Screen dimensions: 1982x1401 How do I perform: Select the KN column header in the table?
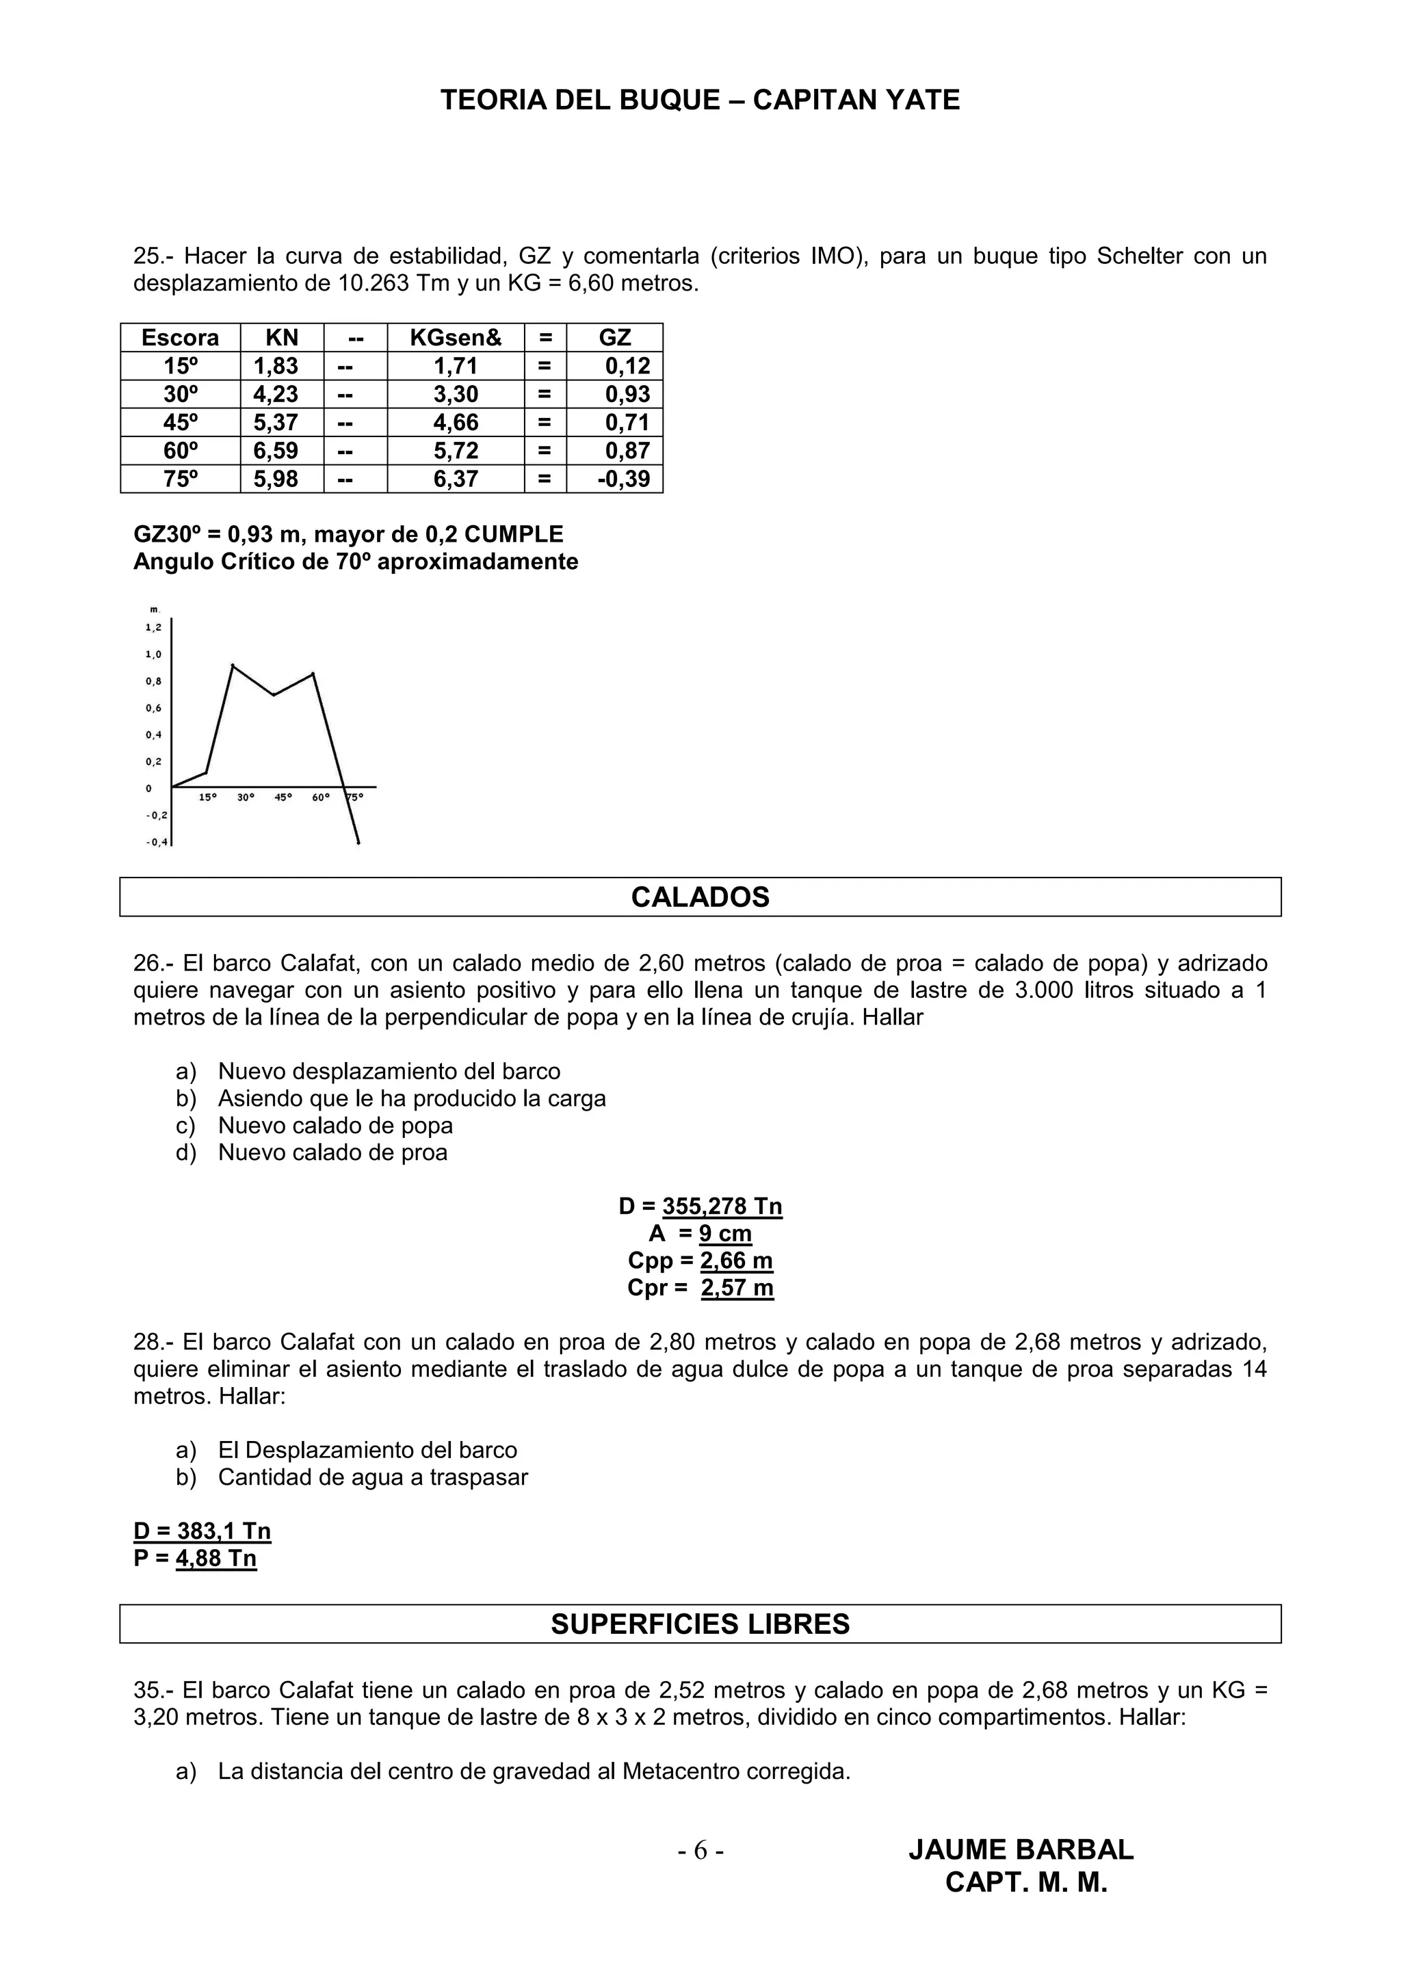click(281, 338)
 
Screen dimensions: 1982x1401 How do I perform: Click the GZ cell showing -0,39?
click(623, 479)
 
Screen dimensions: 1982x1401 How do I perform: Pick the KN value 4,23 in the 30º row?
click(276, 395)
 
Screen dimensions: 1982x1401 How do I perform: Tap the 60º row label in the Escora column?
click(181, 451)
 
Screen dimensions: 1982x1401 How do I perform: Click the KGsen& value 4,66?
click(455, 422)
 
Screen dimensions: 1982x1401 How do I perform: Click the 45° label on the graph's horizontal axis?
click(283, 797)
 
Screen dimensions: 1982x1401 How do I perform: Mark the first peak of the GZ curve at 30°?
click(232, 665)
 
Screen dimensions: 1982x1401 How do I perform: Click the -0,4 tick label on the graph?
click(156, 843)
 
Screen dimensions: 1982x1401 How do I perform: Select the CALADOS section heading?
click(699, 897)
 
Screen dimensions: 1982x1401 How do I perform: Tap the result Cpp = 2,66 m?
click(700, 1260)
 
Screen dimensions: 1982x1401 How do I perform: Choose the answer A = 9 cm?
click(700, 1234)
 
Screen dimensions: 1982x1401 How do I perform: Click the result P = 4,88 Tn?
click(195, 1558)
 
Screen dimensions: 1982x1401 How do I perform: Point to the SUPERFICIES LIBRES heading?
click(699, 1624)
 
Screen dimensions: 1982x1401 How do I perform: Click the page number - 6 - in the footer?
click(700, 1851)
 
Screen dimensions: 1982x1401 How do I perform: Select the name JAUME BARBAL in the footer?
click(1021, 1850)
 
